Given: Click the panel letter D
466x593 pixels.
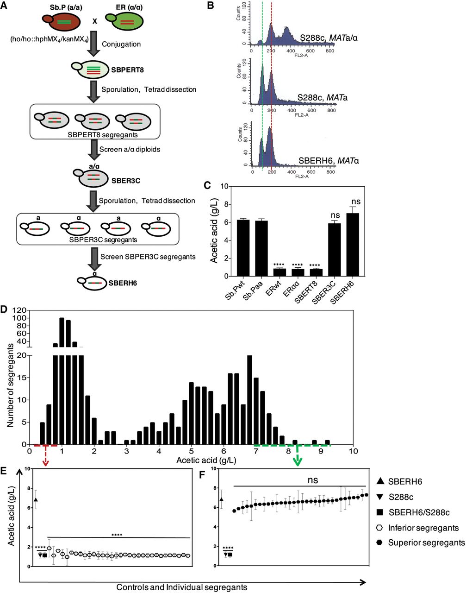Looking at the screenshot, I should [x=6, y=308].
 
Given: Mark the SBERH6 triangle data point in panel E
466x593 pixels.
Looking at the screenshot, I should [x=36, y=499].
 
